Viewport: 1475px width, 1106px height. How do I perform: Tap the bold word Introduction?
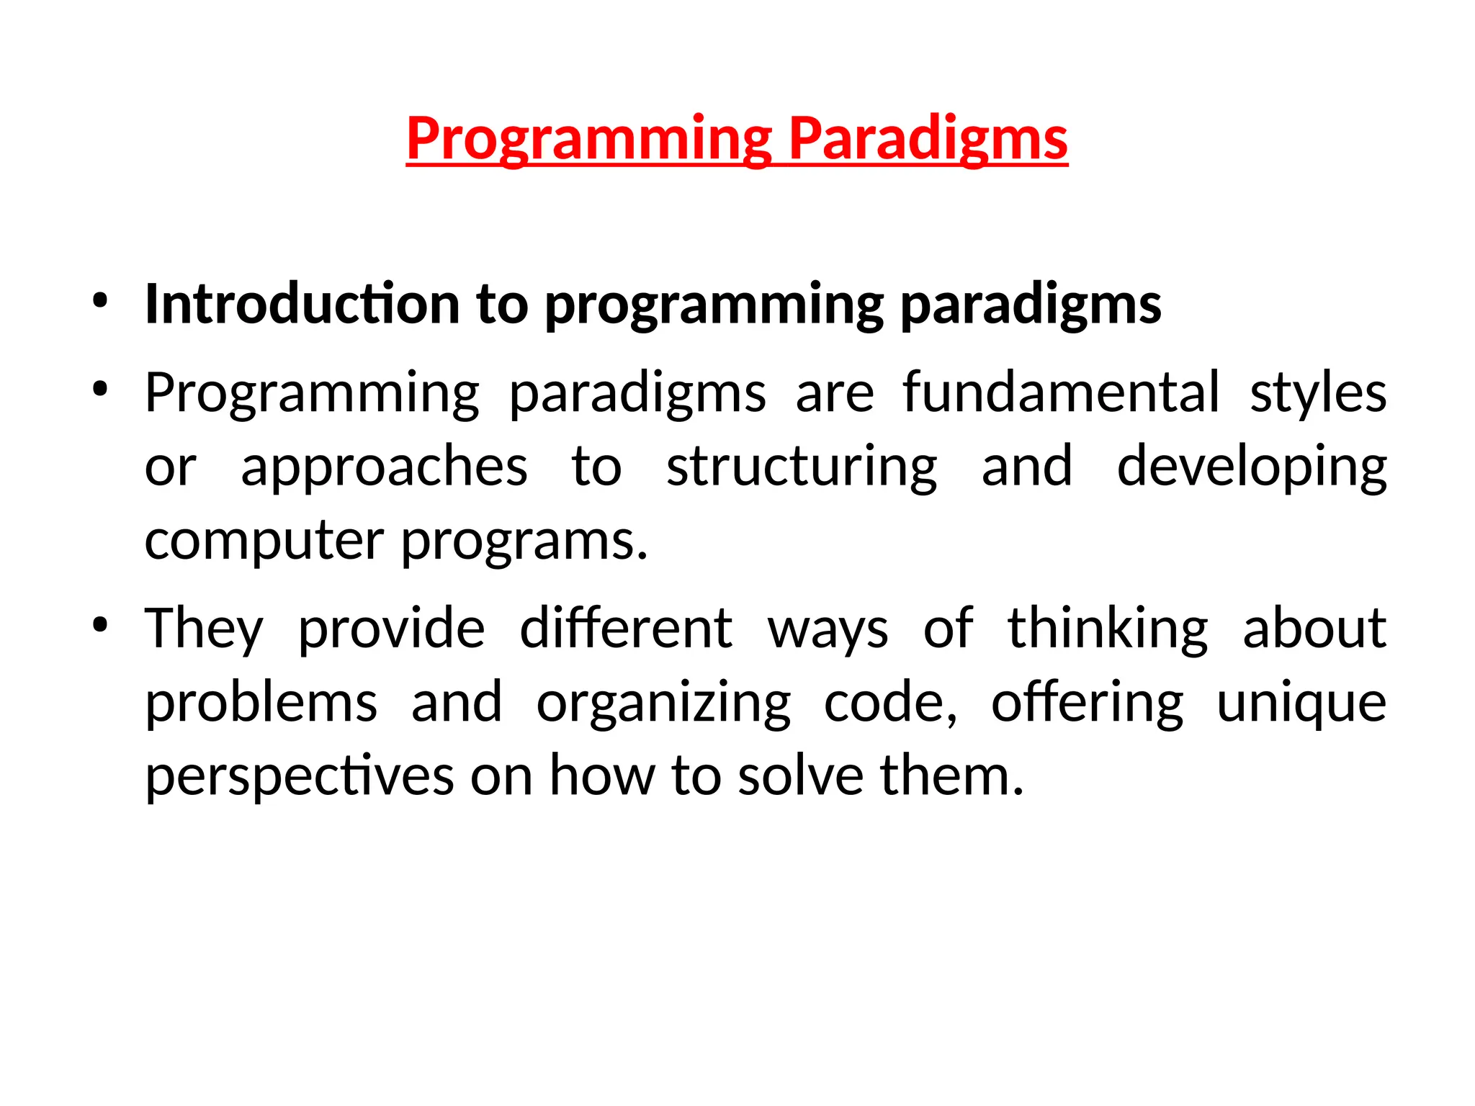(x=302, y=304)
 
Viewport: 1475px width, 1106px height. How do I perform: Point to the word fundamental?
(x=1061, y=392)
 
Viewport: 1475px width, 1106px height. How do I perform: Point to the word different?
(x=626, y=628)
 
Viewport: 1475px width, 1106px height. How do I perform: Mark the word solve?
(x=800, y=776)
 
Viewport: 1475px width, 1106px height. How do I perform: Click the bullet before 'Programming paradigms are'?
(x=100, y=390)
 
